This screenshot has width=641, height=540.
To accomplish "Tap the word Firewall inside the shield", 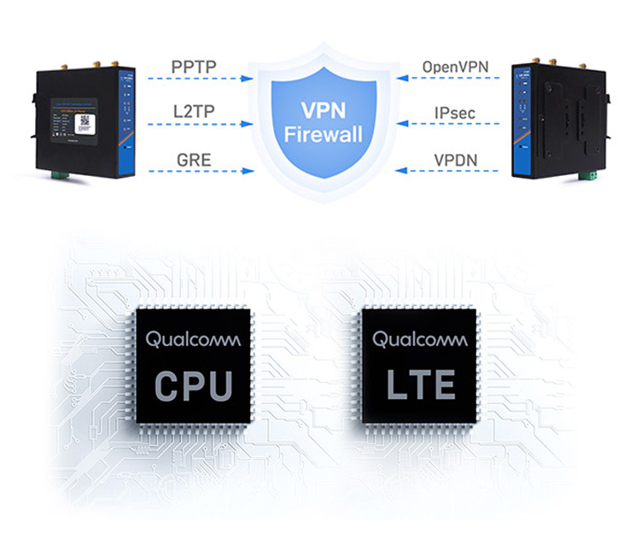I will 322,133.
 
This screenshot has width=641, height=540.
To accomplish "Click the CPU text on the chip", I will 194,385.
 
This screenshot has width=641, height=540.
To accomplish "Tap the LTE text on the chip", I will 420,385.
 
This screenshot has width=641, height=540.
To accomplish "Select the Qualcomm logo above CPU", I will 194,339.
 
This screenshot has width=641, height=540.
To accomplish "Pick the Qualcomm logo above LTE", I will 420,339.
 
